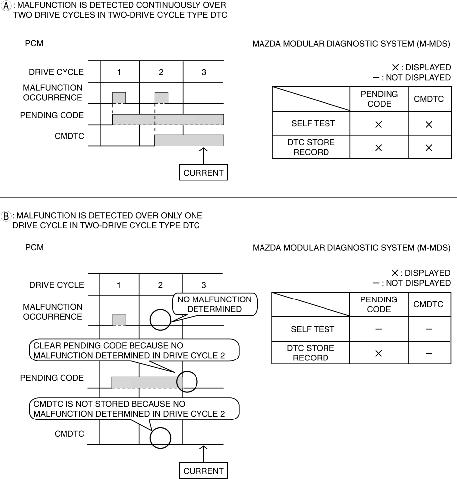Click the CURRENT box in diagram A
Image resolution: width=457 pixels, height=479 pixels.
tap(203, 173)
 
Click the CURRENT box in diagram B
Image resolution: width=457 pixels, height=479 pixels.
tap(203, 471)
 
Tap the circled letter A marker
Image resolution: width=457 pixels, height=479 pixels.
tap(6, 6)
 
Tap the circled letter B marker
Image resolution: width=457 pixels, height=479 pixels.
tap(6, 216)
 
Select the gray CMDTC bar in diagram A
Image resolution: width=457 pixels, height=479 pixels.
tap(189, 140)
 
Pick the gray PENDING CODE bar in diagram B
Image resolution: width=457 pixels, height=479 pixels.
tap(147, 382)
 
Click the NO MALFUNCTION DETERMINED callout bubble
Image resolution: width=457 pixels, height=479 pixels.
tap(214, 304)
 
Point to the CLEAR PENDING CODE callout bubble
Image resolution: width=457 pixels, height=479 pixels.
tap(134, 350)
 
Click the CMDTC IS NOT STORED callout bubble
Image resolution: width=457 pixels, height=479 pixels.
tap(134, 409)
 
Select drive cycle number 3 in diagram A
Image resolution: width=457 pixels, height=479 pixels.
tap(204, 72)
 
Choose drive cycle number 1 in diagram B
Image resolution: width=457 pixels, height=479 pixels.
tap(118, 285)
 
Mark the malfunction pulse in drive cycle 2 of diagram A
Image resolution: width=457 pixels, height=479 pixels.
tap(161, 98)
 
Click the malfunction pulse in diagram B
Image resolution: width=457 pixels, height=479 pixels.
tap(119, 319)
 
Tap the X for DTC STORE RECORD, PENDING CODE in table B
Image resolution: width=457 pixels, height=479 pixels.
tap(379, 353)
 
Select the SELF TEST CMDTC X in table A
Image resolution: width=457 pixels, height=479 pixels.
tap(429, 124)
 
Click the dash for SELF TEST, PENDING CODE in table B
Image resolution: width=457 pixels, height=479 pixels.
tap(379, 329)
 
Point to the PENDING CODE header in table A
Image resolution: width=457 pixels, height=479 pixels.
tap(380, 99)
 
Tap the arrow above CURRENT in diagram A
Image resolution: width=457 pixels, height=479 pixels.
tap(203, 156)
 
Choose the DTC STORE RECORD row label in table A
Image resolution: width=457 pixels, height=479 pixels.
tap(311, 147)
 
